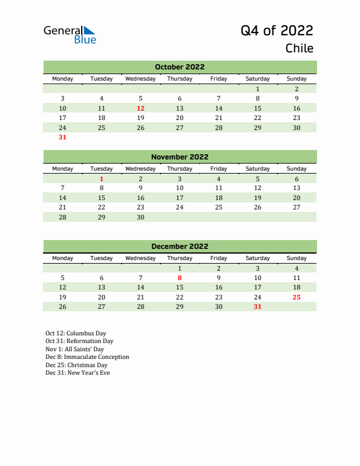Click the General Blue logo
pos(69,35)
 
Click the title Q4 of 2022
pos(276,30)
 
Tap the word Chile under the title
pos(299,48)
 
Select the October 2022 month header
pos(179,67)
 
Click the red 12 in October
pos(141,108)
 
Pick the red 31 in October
pos(63,137)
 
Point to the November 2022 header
pos(179,157)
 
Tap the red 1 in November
pos(102,179)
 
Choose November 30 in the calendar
pos(141,217)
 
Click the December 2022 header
pos(179,247)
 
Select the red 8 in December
pos(179,278)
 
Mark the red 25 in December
pos(296,297)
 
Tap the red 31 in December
pos(257,307)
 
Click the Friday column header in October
pos(218,78)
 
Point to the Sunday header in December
pos(296,258)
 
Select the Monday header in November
pos(63,168)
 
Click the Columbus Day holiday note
pos(76,333)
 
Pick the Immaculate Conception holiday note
pos(87,357)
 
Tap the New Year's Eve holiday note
pos(78,372)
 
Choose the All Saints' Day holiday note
pos(75,349)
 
